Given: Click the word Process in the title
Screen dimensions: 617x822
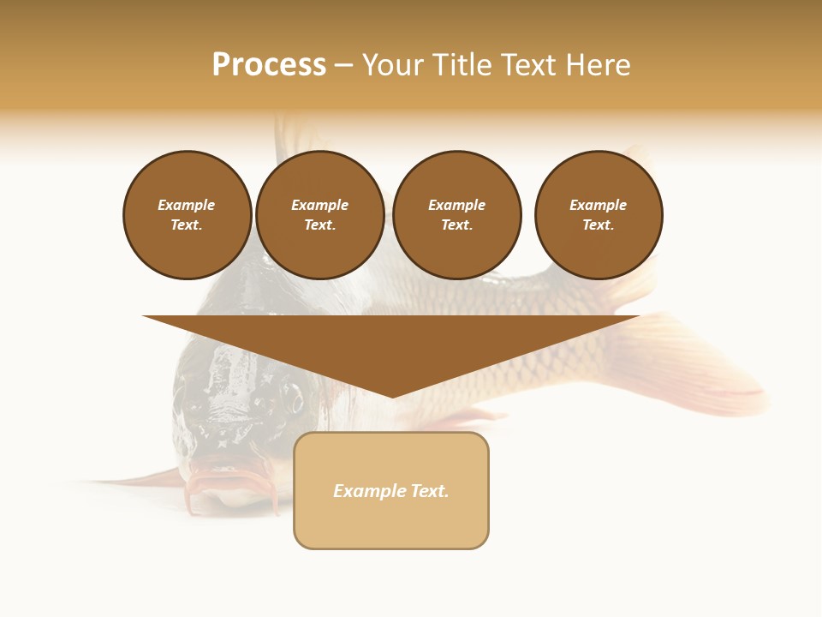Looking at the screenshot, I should (x=269, y=65).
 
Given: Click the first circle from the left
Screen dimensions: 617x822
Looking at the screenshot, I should (x=187, y=215).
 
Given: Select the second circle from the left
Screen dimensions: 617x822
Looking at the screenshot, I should (x=319, y=215).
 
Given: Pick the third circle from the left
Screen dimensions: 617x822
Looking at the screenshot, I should (x=456, y=215).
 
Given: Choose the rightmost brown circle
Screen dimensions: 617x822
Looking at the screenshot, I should (x=598, y=215).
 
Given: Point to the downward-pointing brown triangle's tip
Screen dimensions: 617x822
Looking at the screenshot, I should (x=392, y=395).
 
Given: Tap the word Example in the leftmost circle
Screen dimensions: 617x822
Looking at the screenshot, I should (x=187, y=205).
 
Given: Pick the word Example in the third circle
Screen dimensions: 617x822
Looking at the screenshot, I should (x=456, y=205).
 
